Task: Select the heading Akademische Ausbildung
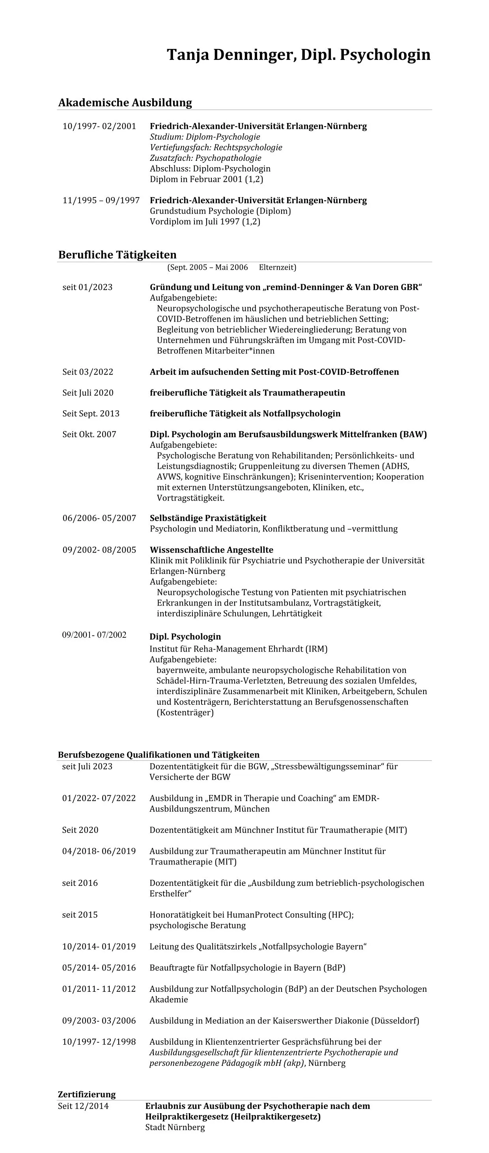(x=125, y=102)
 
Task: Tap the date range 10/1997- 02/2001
(x=99, y=126)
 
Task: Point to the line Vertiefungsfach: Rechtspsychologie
(x=216, y=147)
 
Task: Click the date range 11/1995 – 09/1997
(x=101, y=201)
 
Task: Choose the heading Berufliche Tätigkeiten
(x=118, y=255)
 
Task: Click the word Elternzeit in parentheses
(x=277, y=268)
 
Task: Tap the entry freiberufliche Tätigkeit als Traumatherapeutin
(x=247, y=393)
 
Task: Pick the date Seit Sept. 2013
(x=91, y=414)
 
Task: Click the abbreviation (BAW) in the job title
(x=413, y=434)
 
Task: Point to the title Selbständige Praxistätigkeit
(x=208, y=518)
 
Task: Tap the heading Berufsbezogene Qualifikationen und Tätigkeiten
(x=159, y=754)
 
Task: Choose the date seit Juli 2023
(x=87, y=766)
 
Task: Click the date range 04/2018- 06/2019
(x=99, y=851)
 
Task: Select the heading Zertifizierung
(x=87, y=1094)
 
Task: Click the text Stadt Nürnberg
(x=175, y=1127)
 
